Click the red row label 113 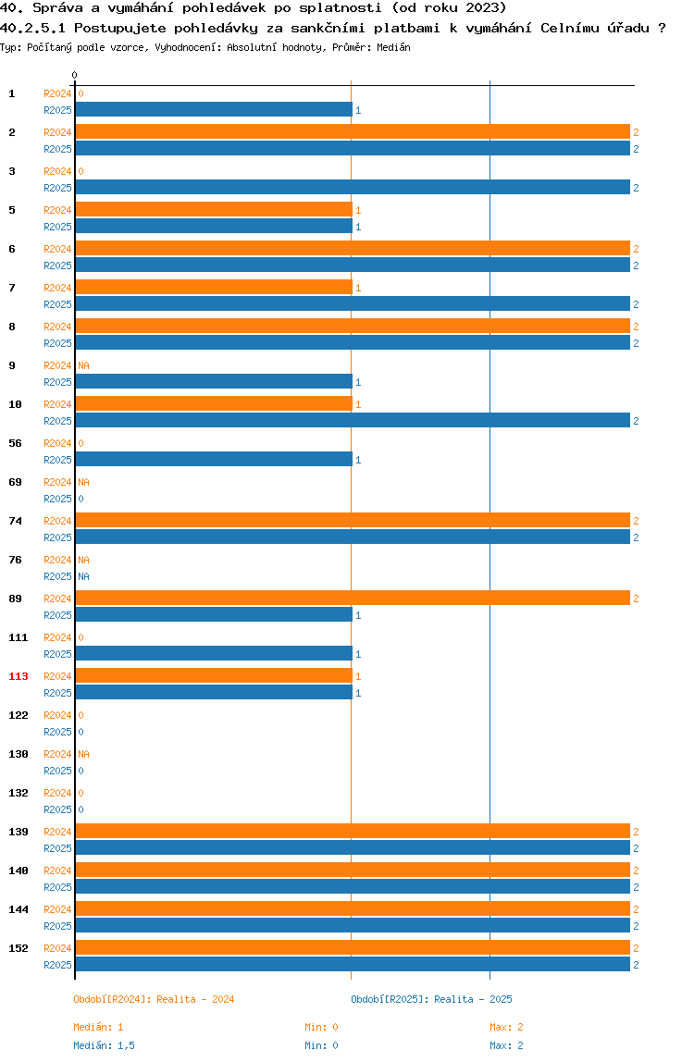(x=19, y=676)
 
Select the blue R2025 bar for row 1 (x=213, y=110)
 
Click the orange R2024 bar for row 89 (x=352, y=599)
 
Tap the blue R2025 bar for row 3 (x=352, y=188)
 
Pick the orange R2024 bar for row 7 (x=213, y=288)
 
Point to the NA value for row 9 (x=83, y=365)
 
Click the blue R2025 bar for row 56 (x=213, y=460)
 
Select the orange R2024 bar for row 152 (x=352, y=948)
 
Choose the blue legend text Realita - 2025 (x=473, y=999)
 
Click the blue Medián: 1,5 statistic (x=104, y=1045)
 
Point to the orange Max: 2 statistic (x=506, y=1027)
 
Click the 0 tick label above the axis (x=75, y=75)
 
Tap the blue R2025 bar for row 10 (x=352, y=421)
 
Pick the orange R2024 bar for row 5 (x=213, y=210)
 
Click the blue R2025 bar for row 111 (x=213, y=654)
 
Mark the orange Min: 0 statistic (x=321, y=1027)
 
